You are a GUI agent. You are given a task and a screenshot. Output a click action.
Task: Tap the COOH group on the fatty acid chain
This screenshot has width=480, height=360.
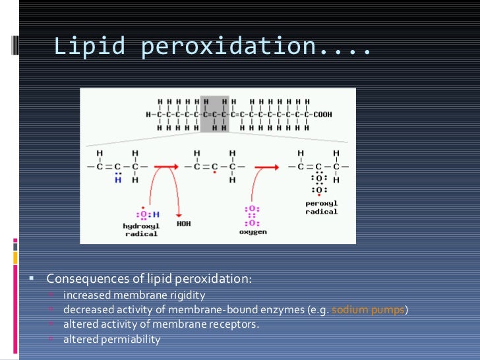(x=322, y=114)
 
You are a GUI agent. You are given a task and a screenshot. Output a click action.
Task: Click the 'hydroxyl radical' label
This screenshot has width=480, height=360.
(x=141, y=229)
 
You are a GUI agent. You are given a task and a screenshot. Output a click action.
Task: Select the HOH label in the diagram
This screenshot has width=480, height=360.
(x=184, y=224)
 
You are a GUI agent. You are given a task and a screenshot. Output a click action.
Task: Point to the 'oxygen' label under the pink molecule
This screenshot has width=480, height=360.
(x=253, y=232)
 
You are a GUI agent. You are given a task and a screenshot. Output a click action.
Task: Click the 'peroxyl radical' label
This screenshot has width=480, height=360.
(x=321, y=208)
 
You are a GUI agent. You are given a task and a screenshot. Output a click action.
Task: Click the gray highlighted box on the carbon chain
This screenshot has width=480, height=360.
(x=215, y=114)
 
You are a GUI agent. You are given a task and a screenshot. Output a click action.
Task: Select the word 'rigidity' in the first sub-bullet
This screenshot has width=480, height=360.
(x=188, y=295)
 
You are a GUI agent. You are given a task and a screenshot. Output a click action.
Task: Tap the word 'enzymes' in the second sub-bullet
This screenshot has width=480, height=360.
(x=278, y=310)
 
